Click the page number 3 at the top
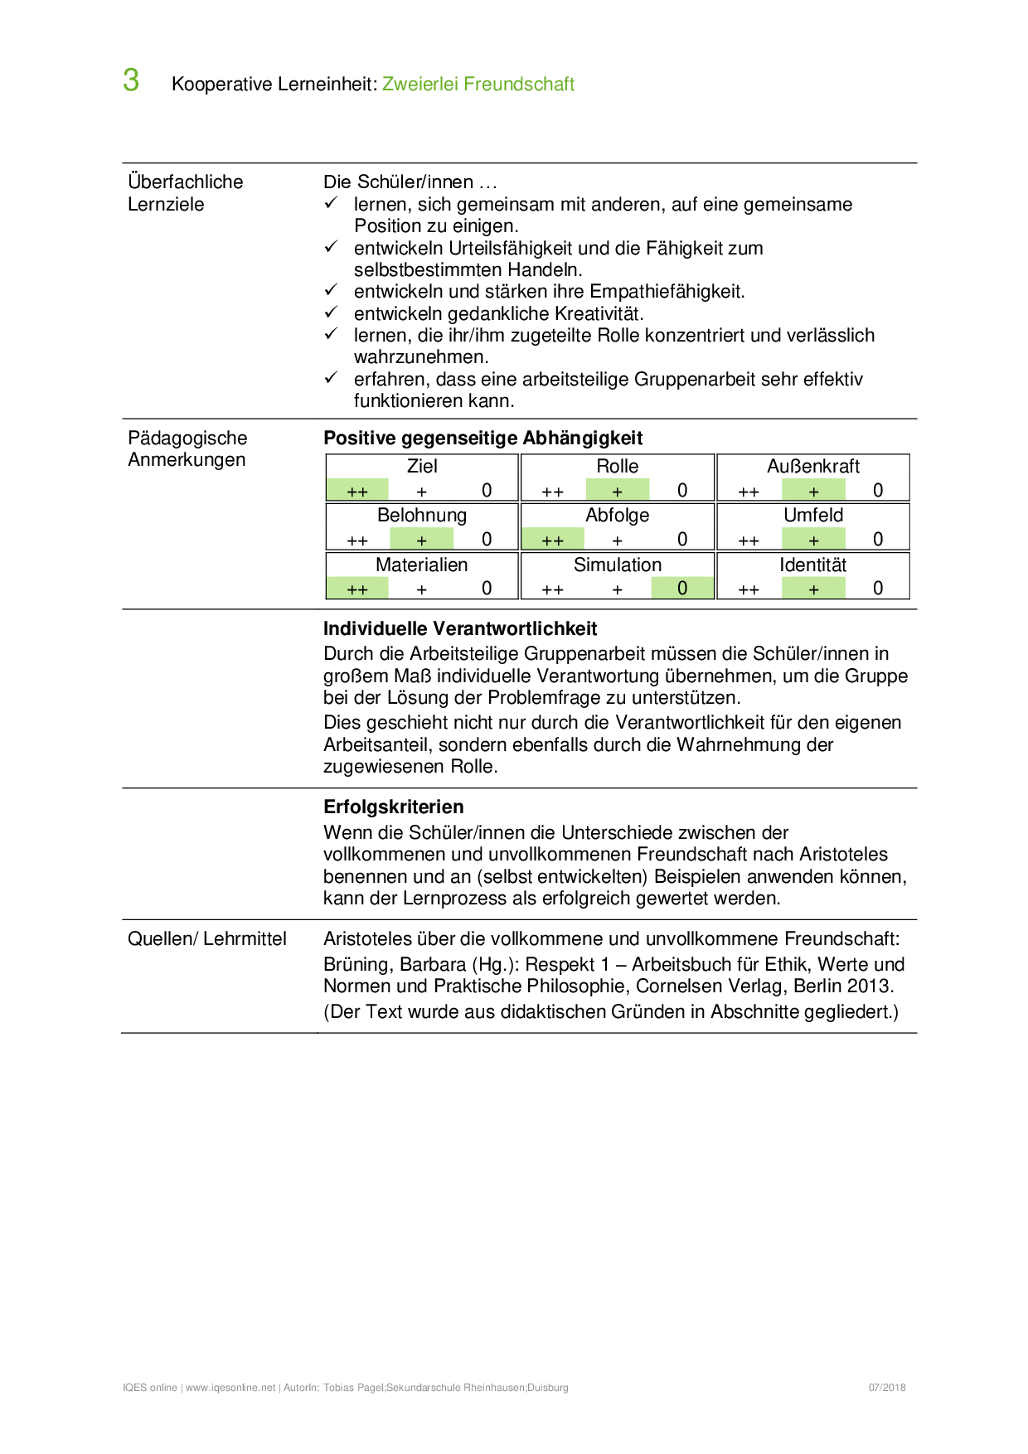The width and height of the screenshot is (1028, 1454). click(131, 80)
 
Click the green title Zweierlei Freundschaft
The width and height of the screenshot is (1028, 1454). click(478, 84)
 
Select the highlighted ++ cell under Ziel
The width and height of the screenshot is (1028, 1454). click(357, 491)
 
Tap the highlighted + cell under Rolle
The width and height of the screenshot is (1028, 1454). click(617, 491)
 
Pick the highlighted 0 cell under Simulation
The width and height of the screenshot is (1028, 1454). click(681, 589)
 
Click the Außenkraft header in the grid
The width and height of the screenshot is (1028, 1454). click(812, 466)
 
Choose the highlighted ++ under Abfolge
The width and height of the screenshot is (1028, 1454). click(552, 540)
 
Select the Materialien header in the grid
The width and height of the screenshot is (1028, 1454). click(421, 565)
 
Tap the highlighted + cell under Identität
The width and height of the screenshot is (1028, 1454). click(813, 589)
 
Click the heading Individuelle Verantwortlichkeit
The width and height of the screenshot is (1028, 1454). click(460, 628)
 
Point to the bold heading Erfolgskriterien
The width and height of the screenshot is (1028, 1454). click(393, 807)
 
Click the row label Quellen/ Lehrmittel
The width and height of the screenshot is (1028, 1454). click(207, 938)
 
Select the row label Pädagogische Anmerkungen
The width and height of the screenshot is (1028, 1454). click(187, 448)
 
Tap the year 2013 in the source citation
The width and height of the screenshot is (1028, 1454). click(867, 986)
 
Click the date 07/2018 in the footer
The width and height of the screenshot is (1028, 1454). click(887, 1387)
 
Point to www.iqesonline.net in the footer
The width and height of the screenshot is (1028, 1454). click(230, 1388)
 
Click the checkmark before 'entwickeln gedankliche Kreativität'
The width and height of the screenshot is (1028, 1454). click(331, 312)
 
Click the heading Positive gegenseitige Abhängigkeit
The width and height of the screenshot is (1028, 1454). click(482, 438)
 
